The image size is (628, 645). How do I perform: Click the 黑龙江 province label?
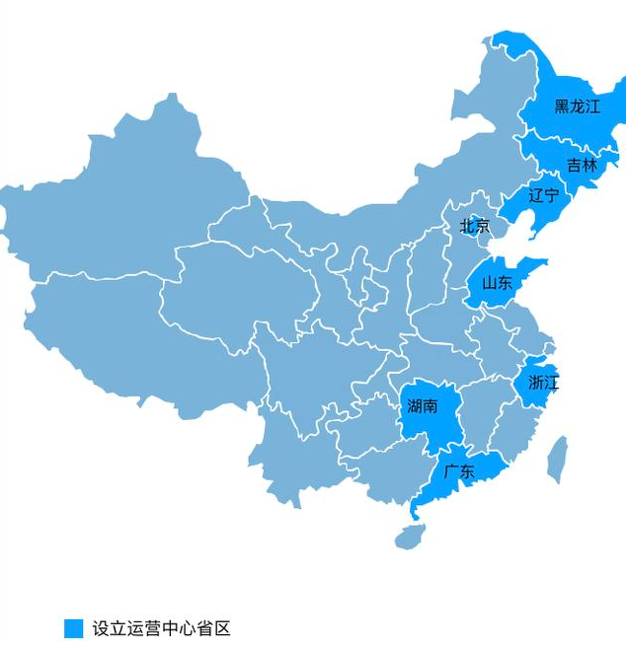pyautogui.click(x=577, y=107)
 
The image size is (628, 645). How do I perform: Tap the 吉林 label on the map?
pyautogui.click(x=582, y=166)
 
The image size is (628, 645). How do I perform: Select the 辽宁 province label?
pyautogui.click(x=543, y=195)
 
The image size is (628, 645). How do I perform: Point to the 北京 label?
pyautogui.click(x=474, y=226)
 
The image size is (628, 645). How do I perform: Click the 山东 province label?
pyautogui.click(x=497, y=283)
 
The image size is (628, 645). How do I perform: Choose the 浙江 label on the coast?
pyautogui.click(x=543, y=383)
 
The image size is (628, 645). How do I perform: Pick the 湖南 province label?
pyautogui.click(x=422, y=405)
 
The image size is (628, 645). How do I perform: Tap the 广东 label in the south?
pyautogui.click(x=459, y=470)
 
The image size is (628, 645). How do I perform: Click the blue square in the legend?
pyautogui.click(x=73, y=628)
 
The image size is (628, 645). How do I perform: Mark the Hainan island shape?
pyautogui.click(x=410, y=537)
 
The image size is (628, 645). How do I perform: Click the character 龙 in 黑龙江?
pyautogui.click(x=577, y=107)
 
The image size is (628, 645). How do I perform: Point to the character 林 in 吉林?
pyautogui.click(x=589, y=166)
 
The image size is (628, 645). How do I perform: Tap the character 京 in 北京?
pyautogui.click(x=482, y=226)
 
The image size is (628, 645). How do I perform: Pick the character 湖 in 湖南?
pyautogui.click(x=414, y=405)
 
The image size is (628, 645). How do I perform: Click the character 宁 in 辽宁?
pyautogui.click(x=551, y=195)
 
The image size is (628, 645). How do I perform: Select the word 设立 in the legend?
pyautogui.click(x=110, y=628)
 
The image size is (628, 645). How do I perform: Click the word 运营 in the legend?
pyautogui.click(x=144, y=628)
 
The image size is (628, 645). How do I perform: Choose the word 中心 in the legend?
pyautogui.click(x=179, y=628)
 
